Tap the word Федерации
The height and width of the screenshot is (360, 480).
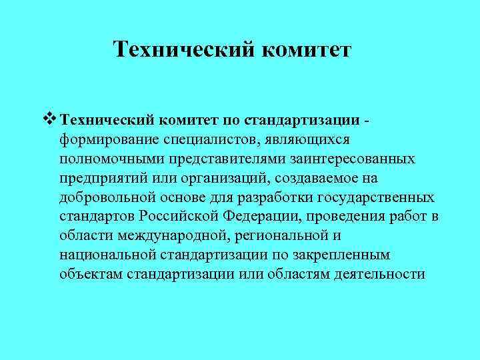(x=253, y=217)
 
